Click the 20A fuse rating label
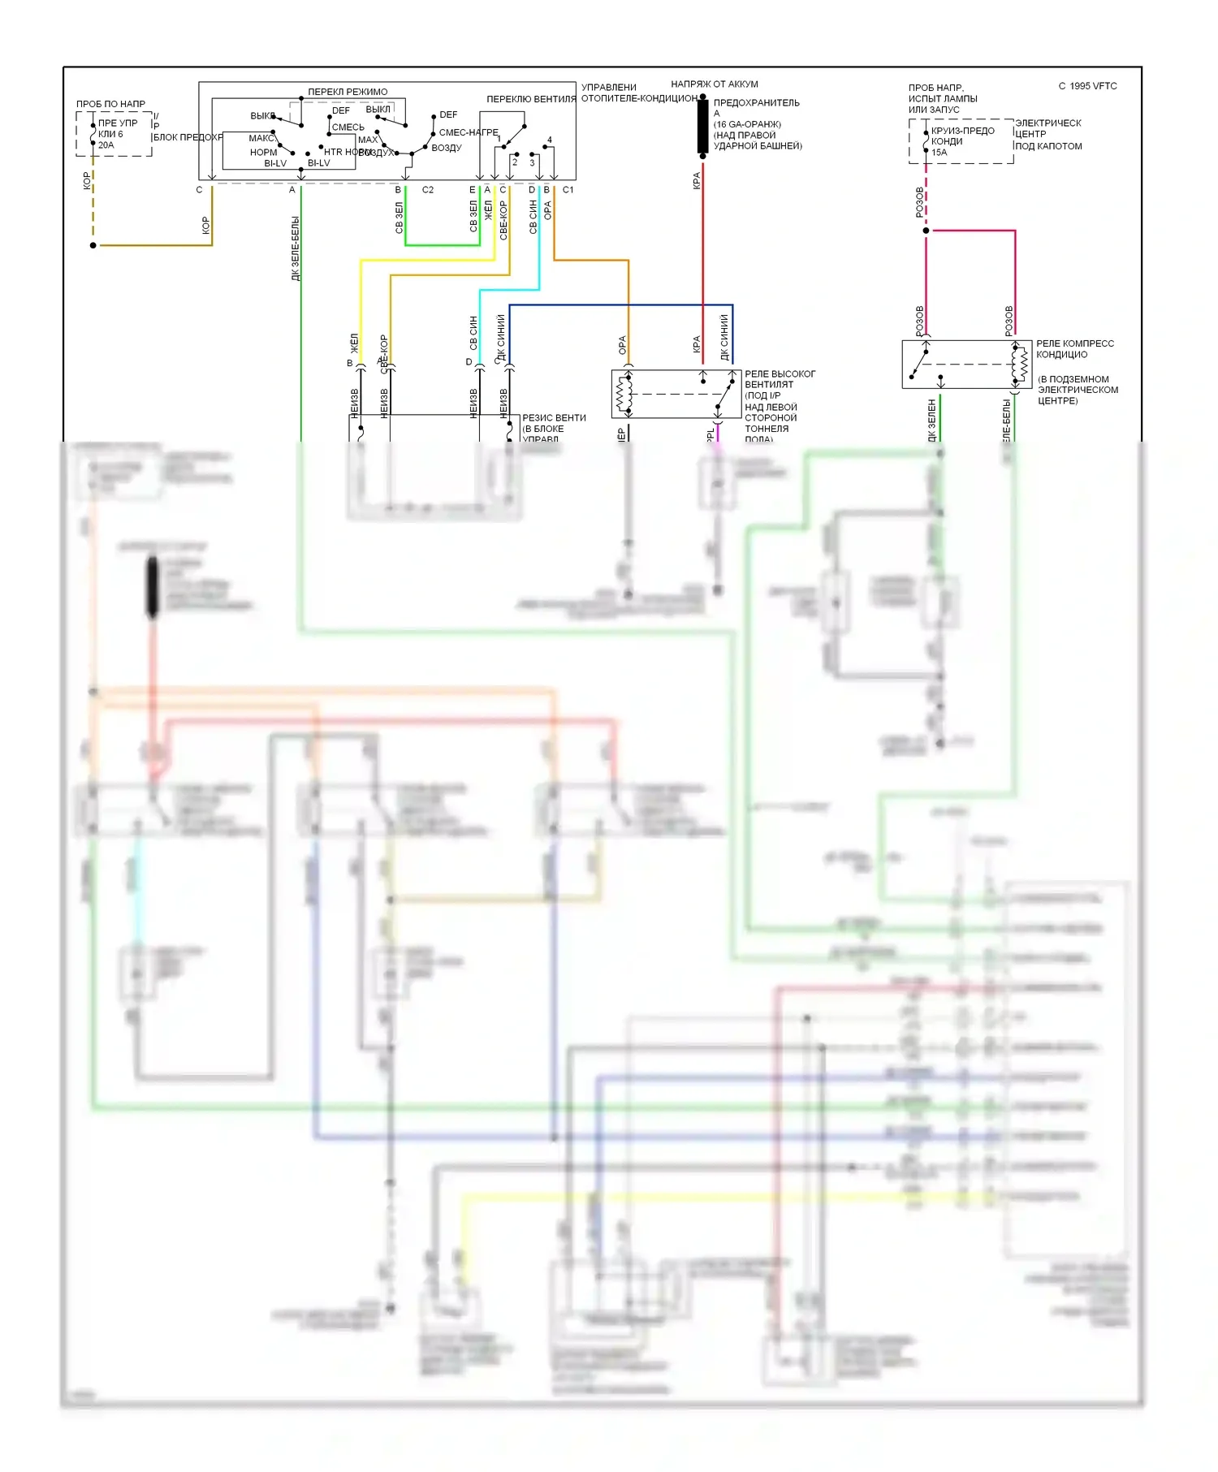(106, 145)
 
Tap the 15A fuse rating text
(939, 153)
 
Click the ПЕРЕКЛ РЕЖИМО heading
(348, 92)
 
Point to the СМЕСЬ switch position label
(348, 127)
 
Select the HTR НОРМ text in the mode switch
(341, 152)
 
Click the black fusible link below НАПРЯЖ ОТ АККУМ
(702, 127)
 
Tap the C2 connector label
(428, 190)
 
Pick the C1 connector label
(568, 190)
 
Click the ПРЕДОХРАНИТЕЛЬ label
(756, 103)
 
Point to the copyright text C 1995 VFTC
(1087, 86)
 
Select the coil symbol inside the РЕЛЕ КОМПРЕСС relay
(1017, 364)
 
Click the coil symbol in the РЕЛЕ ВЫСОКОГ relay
(624, 395)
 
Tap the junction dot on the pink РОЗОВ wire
(926, 231)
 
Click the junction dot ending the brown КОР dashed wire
(93, 245)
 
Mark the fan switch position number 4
(550, 140)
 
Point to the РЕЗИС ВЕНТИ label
(554, 418)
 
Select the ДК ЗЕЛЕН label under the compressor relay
(932, 419)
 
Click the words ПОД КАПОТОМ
(1048, 146)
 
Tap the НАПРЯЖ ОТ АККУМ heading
(715, 84)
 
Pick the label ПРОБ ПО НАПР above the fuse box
(111, 104)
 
